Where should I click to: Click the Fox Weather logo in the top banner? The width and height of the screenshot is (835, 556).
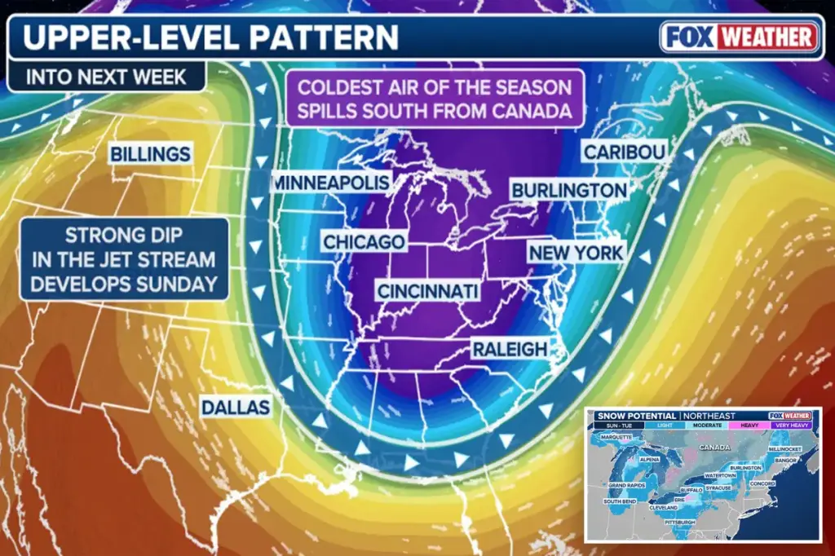coord(740,37)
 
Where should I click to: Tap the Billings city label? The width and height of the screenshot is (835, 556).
coord(151,153)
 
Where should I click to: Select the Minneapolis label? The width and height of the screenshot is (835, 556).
coord(330,183)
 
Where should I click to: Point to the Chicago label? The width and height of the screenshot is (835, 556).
coord(364,242)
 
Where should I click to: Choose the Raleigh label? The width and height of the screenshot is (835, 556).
coord(510,349)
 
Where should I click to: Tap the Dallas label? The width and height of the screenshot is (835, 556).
coord(236,407)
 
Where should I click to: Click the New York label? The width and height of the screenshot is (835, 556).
coord(576,253)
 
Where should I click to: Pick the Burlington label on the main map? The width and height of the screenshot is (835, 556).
coord(569,191)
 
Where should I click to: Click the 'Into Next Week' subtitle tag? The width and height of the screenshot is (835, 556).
coord(106,78)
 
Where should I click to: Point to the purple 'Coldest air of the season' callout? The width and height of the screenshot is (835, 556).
coord(434,99)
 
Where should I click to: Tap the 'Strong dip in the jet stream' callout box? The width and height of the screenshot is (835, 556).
coord(124,260)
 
